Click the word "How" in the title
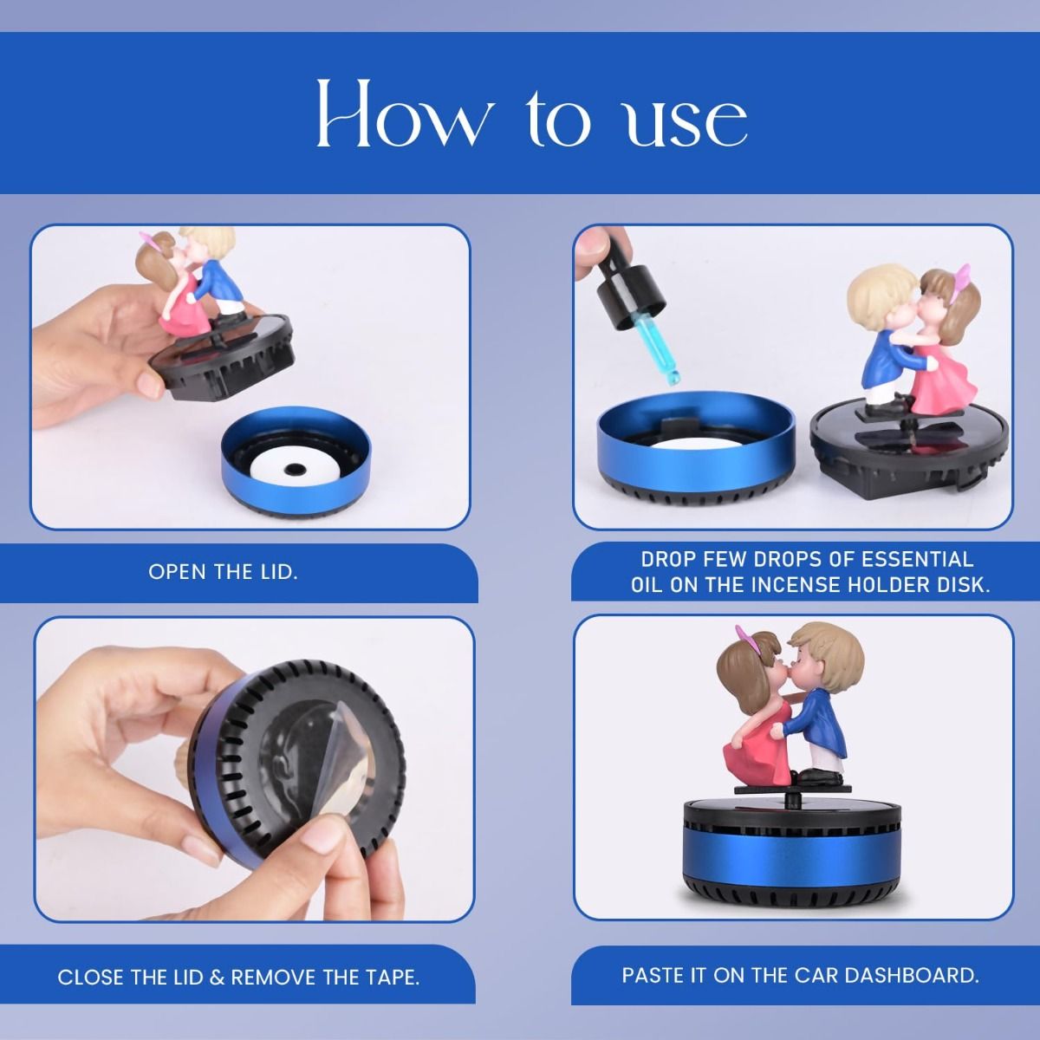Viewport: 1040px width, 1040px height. click(405, 114)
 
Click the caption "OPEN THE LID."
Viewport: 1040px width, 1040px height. click(224, 572)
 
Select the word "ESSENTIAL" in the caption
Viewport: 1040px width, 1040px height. click(917, 559)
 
